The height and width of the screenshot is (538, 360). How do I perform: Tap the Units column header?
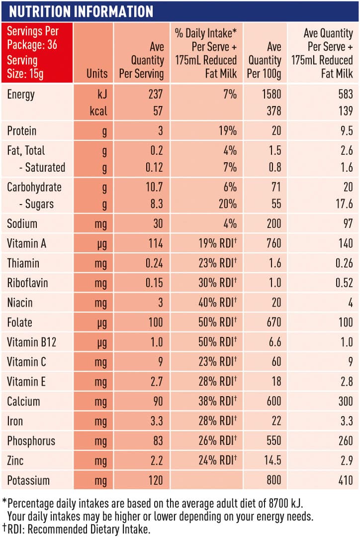point(96,74)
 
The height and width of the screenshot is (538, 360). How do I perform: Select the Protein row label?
point(22,131)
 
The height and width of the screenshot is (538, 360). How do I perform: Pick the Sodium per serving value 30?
point(158,223)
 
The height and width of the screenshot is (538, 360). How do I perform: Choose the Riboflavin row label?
point(27,283)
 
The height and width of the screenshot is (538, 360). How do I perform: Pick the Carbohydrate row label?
point(34,187)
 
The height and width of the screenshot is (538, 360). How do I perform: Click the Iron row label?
point(15,421)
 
